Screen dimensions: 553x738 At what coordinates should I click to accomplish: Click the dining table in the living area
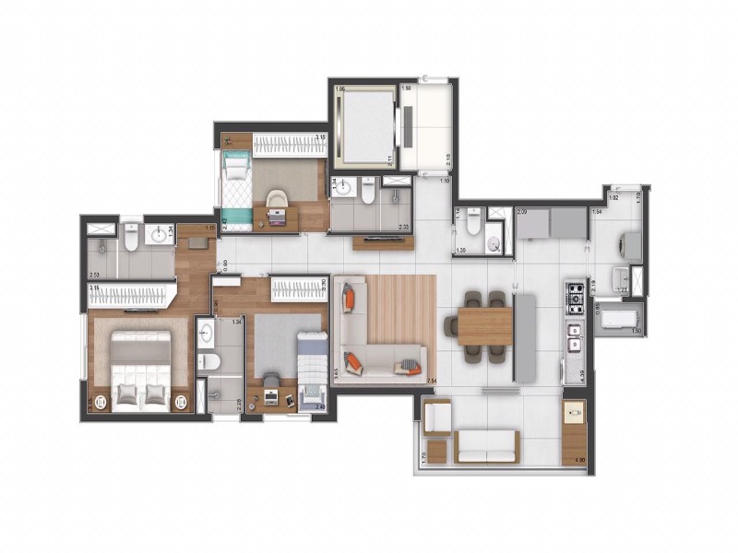pos(484,325)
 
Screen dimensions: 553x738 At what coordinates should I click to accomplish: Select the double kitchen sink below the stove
pos(576,338)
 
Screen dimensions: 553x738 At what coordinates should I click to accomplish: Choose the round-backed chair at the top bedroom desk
pos(276,201)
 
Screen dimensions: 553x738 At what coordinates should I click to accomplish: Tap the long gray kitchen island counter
pos(525,336)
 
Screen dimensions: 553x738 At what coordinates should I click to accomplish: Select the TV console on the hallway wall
pos(382,242)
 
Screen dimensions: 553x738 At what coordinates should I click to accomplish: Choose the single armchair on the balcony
pos(436,420)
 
